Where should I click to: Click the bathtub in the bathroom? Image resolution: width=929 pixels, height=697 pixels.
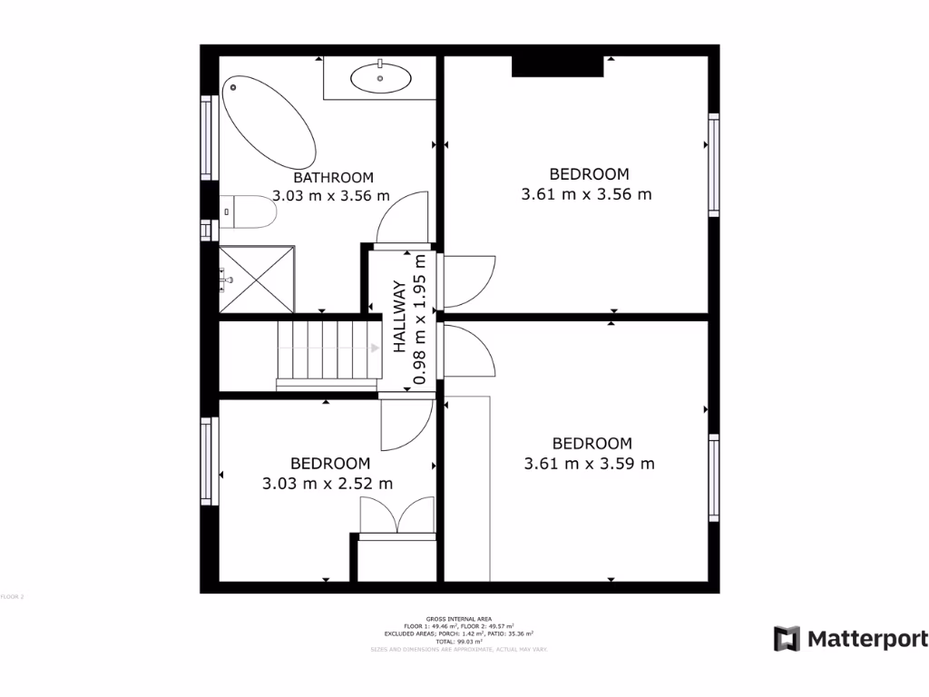(x=269, y=121)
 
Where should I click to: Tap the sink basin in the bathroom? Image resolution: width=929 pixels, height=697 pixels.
(x=380, y=78)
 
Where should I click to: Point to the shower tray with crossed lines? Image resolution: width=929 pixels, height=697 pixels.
(x=258, y=279)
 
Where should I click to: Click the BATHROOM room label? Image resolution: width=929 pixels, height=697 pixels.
(x=333, y=178)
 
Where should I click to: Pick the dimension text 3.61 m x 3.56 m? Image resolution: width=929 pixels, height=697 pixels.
(x=587, y=193)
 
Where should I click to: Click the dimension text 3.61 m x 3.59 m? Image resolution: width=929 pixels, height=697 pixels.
(x=590, y=463)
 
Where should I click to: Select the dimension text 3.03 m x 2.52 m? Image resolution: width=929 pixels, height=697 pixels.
(x=328, y=484)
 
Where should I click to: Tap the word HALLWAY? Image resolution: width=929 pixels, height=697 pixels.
(x=399, y=316)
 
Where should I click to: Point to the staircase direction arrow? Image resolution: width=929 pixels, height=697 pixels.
(x=375, y=348)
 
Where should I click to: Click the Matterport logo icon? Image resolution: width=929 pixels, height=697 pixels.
(x=787, y=638)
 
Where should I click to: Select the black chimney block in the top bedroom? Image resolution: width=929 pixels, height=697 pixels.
(x=558, y=66)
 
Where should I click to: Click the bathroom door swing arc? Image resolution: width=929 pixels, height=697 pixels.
(x=403, y=218)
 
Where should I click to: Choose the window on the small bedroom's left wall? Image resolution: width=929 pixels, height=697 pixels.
(x=208, y=461)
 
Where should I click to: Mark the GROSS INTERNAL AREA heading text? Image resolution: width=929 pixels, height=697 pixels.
(x=457, y=618)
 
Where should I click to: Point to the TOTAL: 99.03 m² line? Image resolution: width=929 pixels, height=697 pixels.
(x=457, y=641)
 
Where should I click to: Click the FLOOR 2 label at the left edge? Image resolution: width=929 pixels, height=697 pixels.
(x=12, y=596)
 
